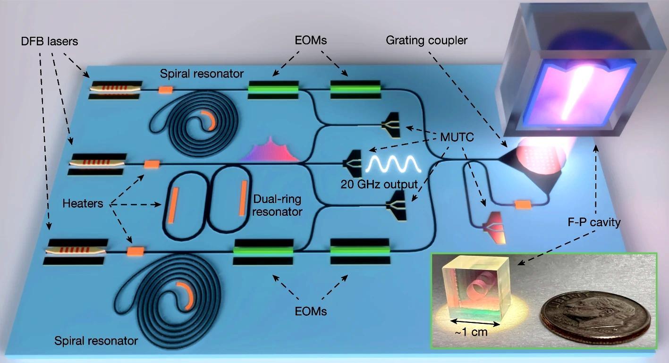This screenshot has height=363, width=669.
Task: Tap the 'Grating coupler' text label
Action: coord(426,40)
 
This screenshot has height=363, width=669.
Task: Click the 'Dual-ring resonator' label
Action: coord(277,205)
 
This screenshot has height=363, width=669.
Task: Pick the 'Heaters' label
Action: coord(83,203)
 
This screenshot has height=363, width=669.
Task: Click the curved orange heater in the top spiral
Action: coord(210,120)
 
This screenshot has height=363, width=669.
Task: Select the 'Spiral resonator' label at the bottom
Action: coord(96,340)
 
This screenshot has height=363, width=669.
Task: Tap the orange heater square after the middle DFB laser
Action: coord(152,164)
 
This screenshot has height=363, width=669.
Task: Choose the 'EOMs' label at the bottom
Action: coord(309,311)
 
